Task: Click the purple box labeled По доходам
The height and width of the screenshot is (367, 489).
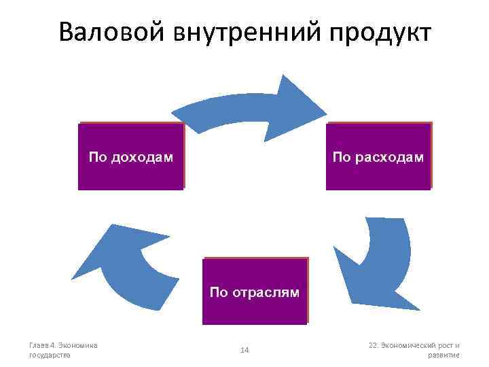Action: coord(131,157)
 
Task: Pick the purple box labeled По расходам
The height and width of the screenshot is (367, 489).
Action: coord(378,157)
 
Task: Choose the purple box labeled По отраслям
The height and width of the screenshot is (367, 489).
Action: coord(255,291)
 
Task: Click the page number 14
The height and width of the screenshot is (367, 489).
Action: coord(245,350)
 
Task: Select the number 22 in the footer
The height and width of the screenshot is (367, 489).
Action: coord(373,345)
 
